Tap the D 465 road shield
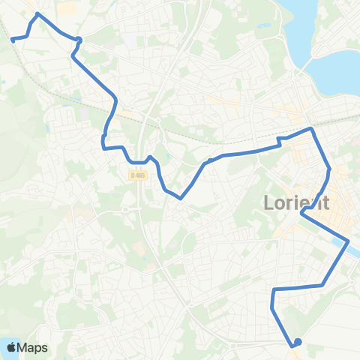click(136, 175)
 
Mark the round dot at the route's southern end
click(298, 342)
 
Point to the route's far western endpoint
click(12, 40)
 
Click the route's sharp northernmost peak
click(37, 13)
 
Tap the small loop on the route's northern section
click(78, 40)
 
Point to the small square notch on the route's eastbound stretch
click(280, 140)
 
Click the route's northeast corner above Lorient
click(312, 129)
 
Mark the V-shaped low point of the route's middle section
click(181, 199)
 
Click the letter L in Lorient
click(268, 203)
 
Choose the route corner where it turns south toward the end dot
click(274, 289)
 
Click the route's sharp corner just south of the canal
click(322, 285)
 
